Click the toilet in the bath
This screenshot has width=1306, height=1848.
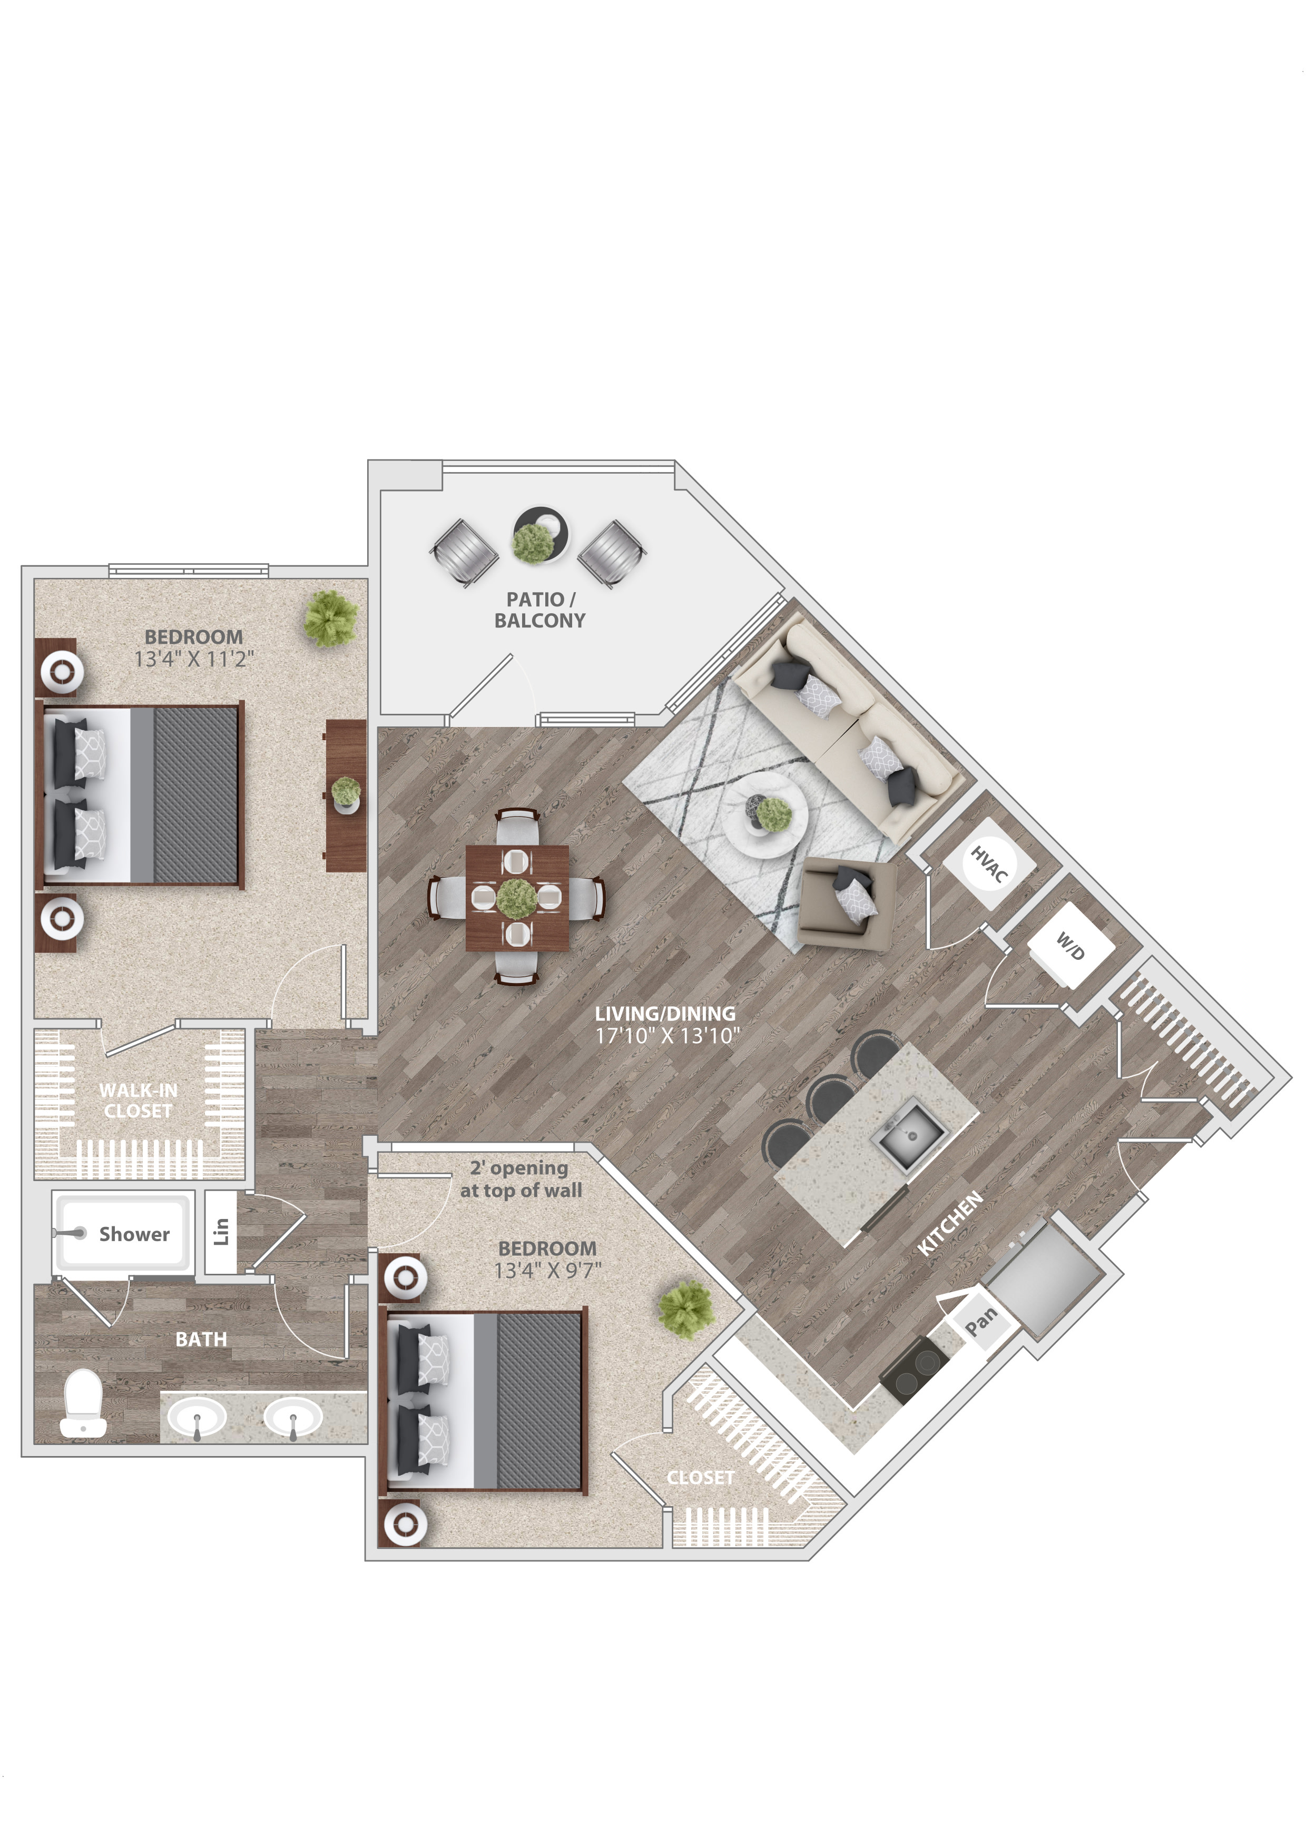click(83, 1403)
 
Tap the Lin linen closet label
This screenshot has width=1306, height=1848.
click(221, 1232)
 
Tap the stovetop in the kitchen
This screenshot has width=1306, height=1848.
click(916, 1370)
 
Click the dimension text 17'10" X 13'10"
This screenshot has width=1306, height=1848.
click(667, 1036)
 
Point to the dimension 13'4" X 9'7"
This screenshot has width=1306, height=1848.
click(547, 1271)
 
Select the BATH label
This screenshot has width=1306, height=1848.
click(201, 1339)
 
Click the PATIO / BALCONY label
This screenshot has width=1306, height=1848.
click(540, 610)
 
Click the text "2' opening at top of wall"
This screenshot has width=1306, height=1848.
click(521, 1179)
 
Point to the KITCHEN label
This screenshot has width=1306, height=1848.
click(951, 1223)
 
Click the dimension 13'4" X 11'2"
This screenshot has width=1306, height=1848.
click(194, 659)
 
